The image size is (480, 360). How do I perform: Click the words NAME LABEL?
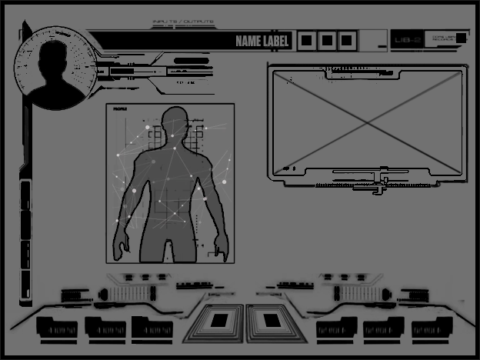(262, 41)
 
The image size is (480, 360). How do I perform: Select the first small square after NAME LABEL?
(306, 40)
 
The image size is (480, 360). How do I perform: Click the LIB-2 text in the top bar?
(406, 40)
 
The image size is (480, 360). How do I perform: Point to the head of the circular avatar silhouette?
(54, 55)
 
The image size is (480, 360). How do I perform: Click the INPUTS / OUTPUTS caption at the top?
(184, 22)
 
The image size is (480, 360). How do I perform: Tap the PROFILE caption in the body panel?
(120, 110)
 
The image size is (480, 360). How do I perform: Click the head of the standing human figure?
(175, 123)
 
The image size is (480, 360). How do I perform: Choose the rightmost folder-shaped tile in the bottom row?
(432, 328)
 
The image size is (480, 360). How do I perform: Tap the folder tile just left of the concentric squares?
(152, 328)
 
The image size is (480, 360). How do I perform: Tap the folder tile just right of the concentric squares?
(336, 328)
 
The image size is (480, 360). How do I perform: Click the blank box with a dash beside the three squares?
(373, 40)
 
